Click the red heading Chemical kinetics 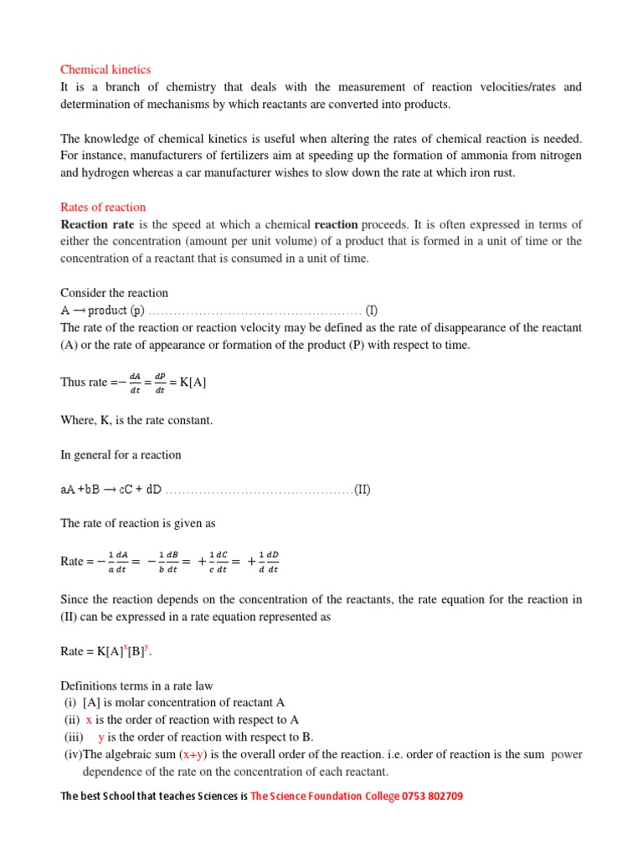[x=105, y=69]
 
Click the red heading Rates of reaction [x=103, y=207]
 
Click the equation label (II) [x=362, y=490]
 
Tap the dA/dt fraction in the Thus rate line [x=135, y=382]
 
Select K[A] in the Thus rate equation [x=193, y=382]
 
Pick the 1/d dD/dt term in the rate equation [x=268, y=562]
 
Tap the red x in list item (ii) [x=89, y=720]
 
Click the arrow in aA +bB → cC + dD [x=110, y=490]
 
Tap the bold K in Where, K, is [x=105, y=420]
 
